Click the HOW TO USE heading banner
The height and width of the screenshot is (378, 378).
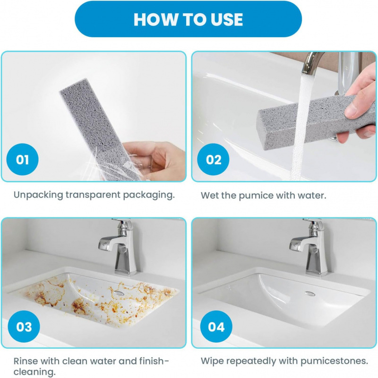(x=188, y=19)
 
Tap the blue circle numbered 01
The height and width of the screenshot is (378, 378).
(x=22, y=159)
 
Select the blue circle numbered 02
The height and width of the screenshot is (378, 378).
(x=213, y=159)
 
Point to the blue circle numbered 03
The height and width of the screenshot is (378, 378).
(x=24, y=326)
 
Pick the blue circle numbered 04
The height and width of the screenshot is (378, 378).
(x=216, y=326)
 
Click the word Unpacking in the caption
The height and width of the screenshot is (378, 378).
(x=38, y=195)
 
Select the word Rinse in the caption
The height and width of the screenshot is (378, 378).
(x=26, y=361)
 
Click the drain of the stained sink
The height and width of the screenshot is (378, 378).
(x=119, y=293)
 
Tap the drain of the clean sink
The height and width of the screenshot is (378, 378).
(x=310, y=293)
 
